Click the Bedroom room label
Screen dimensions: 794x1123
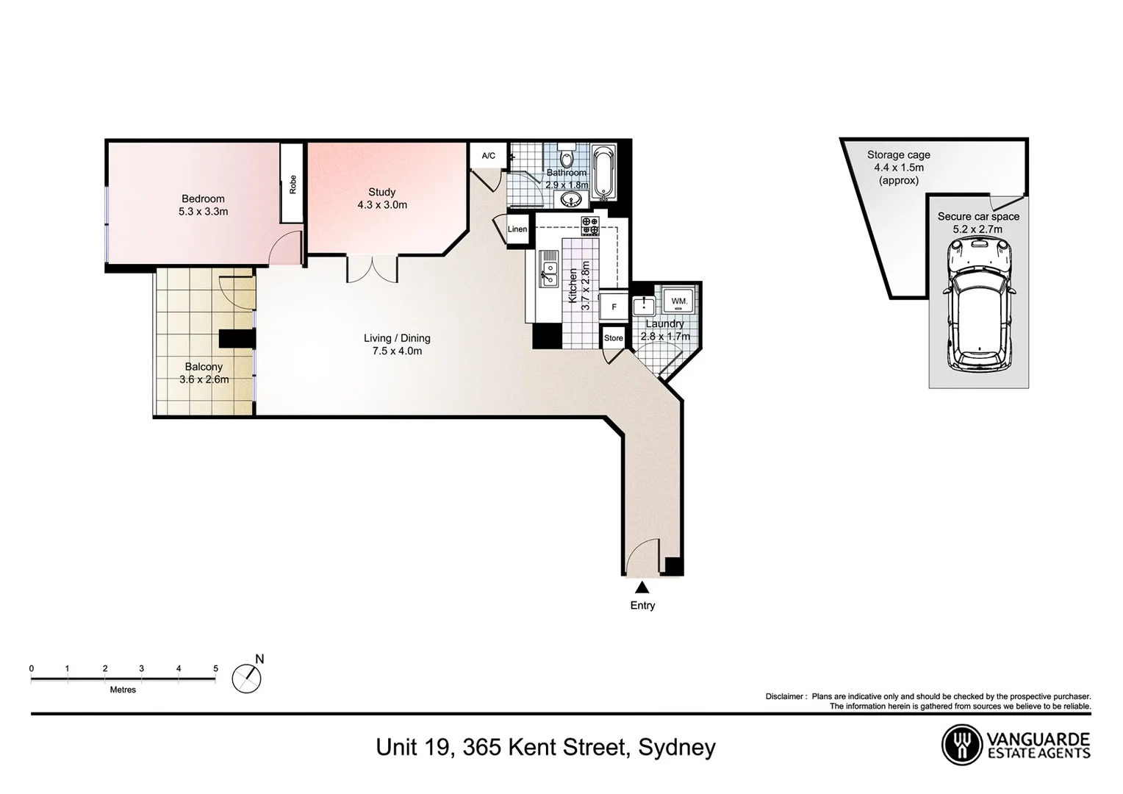(203, 198)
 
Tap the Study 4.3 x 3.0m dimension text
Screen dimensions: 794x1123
(382, 205)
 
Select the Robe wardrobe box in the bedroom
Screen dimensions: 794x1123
(293, 183)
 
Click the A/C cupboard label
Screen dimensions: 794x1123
(489, 156)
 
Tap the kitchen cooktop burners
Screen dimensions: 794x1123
(590, 226)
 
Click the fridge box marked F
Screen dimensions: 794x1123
(614, 307)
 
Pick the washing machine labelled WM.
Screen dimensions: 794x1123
(679, 301)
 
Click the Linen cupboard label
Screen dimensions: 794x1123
(517, 229)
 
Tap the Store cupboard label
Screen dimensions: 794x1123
(614, 338)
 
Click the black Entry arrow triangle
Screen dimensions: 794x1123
(642, 587)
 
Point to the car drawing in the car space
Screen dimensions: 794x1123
(978, 307)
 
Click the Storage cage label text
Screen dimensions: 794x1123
(898, 155)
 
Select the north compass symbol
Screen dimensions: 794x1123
(248, 676)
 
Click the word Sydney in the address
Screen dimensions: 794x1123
(677, 748)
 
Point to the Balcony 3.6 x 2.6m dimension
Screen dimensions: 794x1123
(204, 380)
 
